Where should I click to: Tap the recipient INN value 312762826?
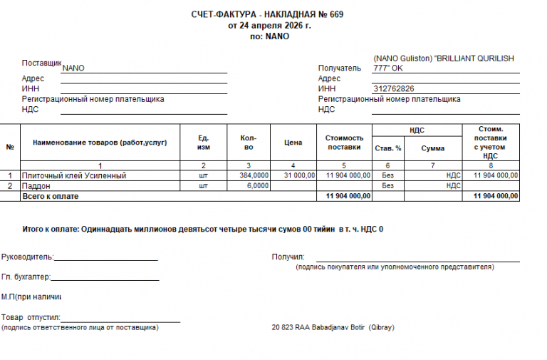[393, 88]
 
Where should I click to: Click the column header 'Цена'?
[293, 143]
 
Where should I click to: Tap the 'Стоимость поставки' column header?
[345, 143]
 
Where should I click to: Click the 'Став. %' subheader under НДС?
[388, 148]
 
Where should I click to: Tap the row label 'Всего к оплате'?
[51, 195]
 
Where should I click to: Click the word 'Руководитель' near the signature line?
[27, 257]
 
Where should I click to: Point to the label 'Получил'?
[288, 257]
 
